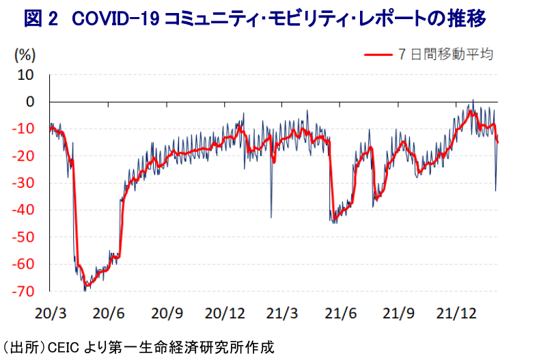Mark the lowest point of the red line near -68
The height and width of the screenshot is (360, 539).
tap(87, 285)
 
